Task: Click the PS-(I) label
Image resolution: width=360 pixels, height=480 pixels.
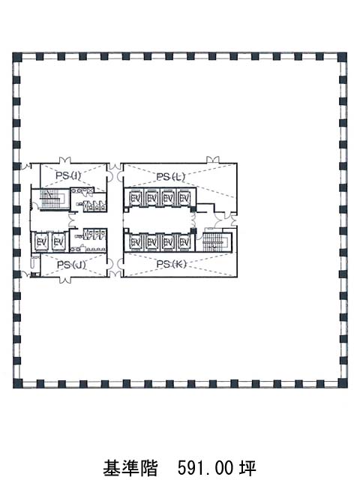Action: tap(68, 175)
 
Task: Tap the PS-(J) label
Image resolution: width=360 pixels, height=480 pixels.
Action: tap(71, 265)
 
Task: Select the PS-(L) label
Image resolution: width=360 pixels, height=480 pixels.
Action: tap(170, 177)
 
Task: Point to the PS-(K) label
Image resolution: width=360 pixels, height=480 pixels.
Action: tap(171, 264)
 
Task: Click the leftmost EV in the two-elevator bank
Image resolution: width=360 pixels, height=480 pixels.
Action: tap(41, 242)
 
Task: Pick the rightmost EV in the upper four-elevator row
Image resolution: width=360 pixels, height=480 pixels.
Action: tap(184, 198)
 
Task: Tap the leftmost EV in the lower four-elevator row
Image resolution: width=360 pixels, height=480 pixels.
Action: tap(135, 242)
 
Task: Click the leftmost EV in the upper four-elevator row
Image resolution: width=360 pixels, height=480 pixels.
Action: tap(135, 198)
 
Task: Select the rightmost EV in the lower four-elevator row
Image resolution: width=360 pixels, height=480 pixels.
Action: tap(184, 242)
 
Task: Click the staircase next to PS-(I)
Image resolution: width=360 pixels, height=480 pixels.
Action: tap(51, 199)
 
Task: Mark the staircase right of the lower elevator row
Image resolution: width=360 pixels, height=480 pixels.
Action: tap(216, 240)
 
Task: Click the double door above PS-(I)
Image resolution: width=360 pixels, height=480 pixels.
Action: tap(65, 160)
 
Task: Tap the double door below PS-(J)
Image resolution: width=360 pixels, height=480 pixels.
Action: tap(65, 280)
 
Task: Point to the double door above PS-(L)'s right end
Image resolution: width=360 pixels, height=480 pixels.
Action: tap(213, 160)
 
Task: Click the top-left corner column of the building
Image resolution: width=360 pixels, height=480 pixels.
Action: tap(17, 57)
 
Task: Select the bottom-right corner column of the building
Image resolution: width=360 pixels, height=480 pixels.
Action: tap(343, 383)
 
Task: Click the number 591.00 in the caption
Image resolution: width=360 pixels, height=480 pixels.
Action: tap(206, 467)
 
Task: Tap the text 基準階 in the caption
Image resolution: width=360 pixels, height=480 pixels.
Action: tap(130, 467)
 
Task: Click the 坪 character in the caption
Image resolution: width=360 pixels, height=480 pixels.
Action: tap(247, 467)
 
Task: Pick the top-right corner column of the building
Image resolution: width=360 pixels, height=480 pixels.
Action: tap(343, 57)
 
